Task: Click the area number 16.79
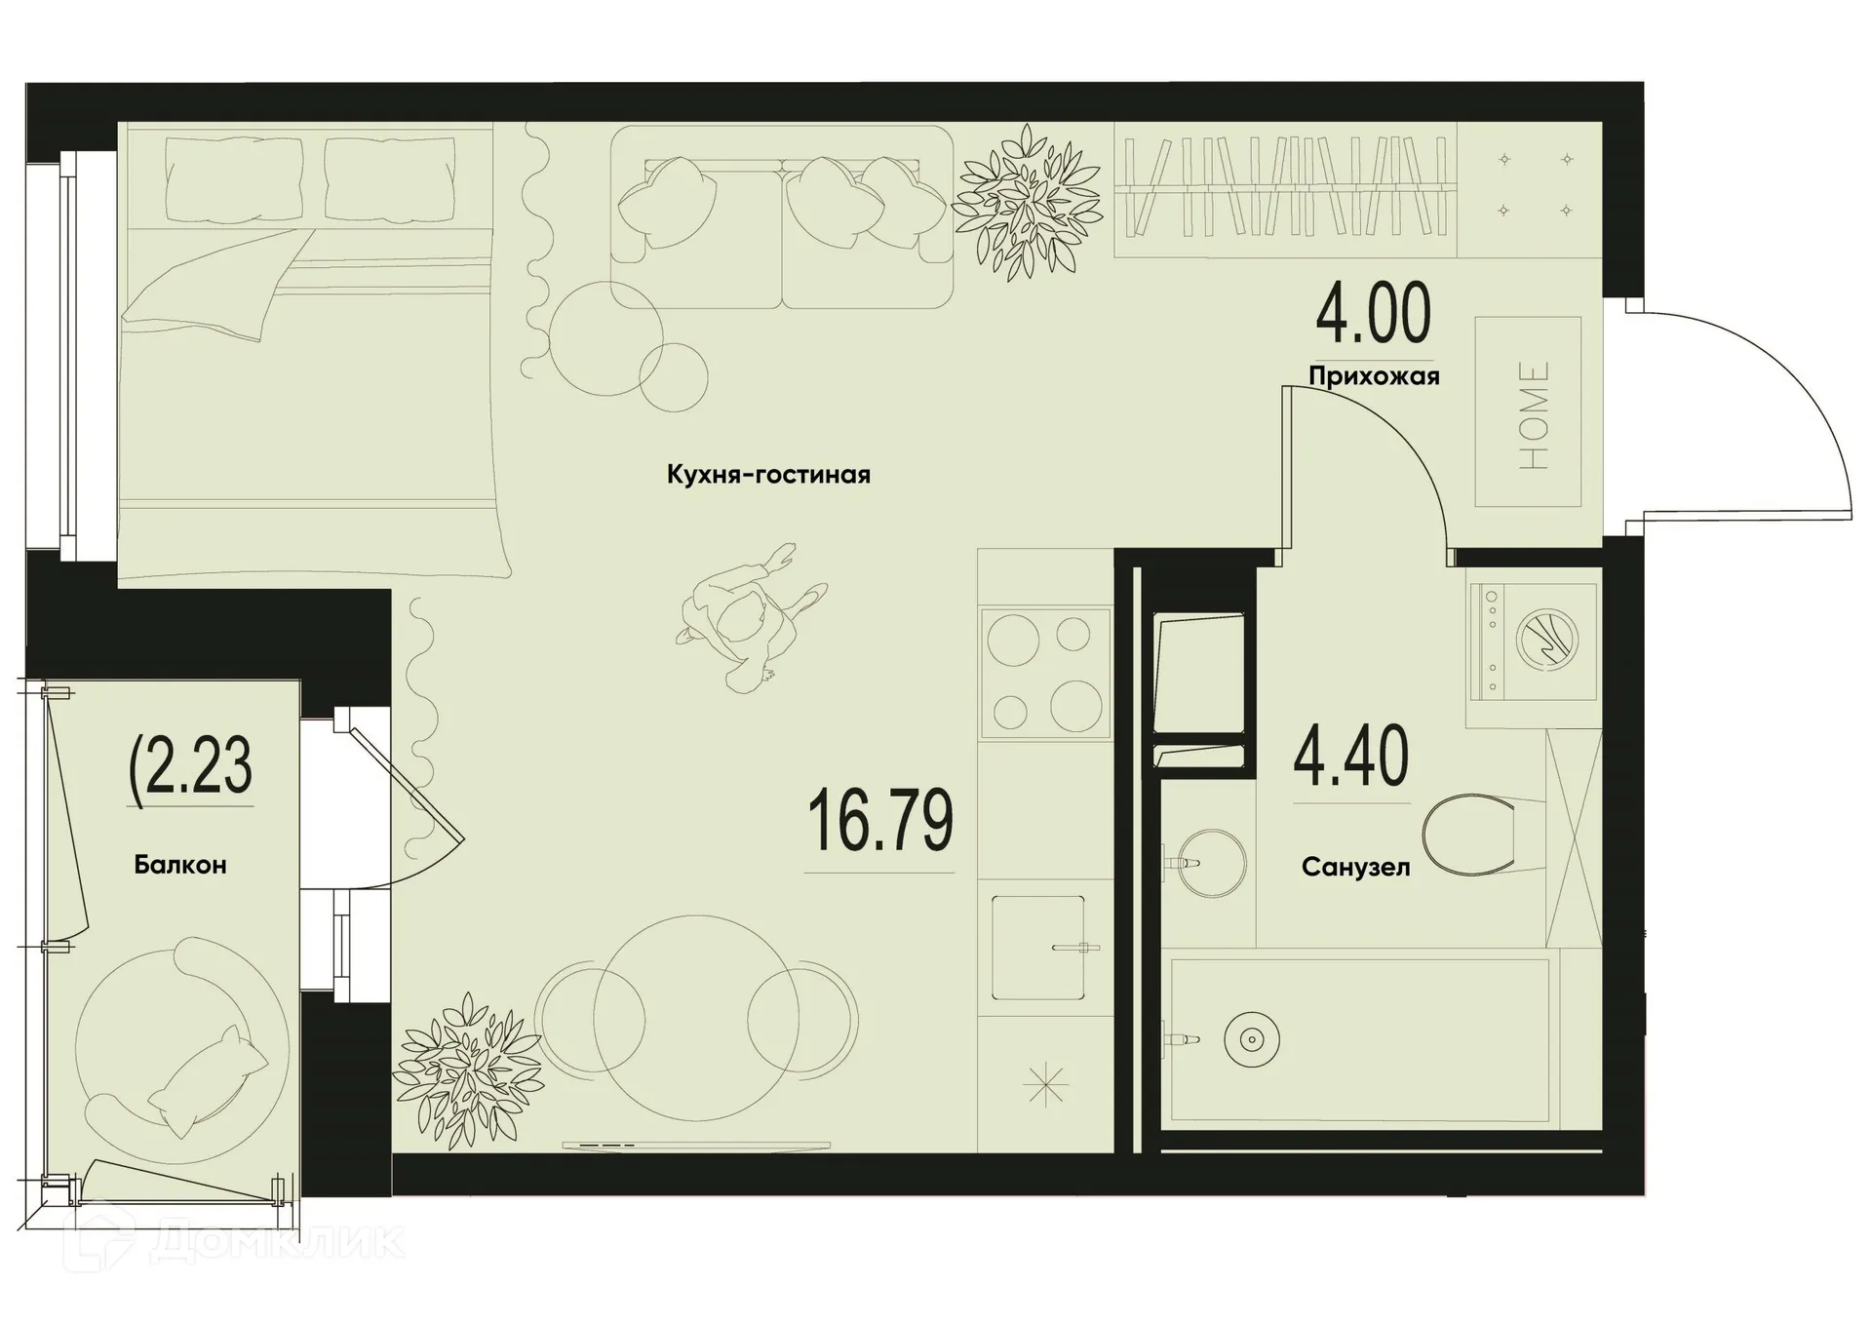880,822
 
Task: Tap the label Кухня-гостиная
768,475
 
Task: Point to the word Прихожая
1374,376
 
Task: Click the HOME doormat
1527,412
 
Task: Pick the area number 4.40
1350,756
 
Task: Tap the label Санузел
1355,867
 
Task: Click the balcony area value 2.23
192,766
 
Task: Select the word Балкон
180,865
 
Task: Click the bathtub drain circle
1251,1040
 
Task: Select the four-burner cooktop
1044,672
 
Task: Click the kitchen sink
1038,947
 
